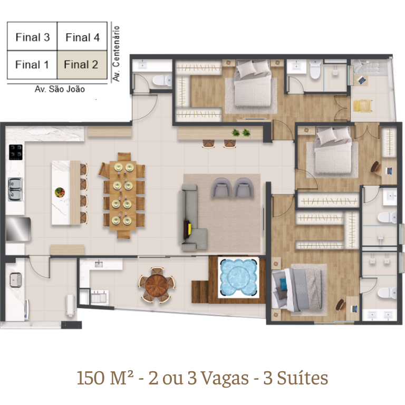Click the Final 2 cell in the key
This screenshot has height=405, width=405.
82,64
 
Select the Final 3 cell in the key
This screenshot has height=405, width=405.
32,36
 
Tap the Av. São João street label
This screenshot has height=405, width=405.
60,89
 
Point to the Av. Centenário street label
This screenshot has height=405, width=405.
116,53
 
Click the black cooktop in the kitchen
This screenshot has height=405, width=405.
16,152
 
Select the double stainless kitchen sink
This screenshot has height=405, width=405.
15,189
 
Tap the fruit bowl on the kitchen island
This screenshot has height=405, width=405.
60,192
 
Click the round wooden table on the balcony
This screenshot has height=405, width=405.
157,285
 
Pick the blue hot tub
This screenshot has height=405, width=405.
238,277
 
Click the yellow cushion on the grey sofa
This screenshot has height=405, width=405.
190,229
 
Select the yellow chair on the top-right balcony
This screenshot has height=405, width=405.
363,105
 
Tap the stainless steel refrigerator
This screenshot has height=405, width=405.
18,229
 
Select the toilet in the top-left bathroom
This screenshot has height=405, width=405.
162,80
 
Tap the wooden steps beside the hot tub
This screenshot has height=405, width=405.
200,292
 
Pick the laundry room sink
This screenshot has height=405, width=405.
16,280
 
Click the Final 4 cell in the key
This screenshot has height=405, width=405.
82,36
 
